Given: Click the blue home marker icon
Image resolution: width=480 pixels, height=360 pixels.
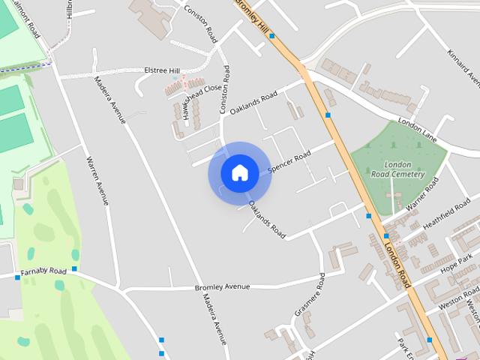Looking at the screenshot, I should point(239,173).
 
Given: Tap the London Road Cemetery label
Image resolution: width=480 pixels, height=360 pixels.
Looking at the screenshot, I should point(397,169).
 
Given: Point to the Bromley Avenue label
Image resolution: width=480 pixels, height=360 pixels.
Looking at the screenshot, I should point(222,286).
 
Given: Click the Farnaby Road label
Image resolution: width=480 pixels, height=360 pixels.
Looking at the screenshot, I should point(43,271).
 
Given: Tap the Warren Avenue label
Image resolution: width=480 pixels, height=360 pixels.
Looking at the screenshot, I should point(98,180).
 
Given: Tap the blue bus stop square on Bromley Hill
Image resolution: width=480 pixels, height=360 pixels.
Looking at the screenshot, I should point(271,35).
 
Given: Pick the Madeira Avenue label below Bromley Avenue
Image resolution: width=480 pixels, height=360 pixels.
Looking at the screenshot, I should point(214,319).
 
